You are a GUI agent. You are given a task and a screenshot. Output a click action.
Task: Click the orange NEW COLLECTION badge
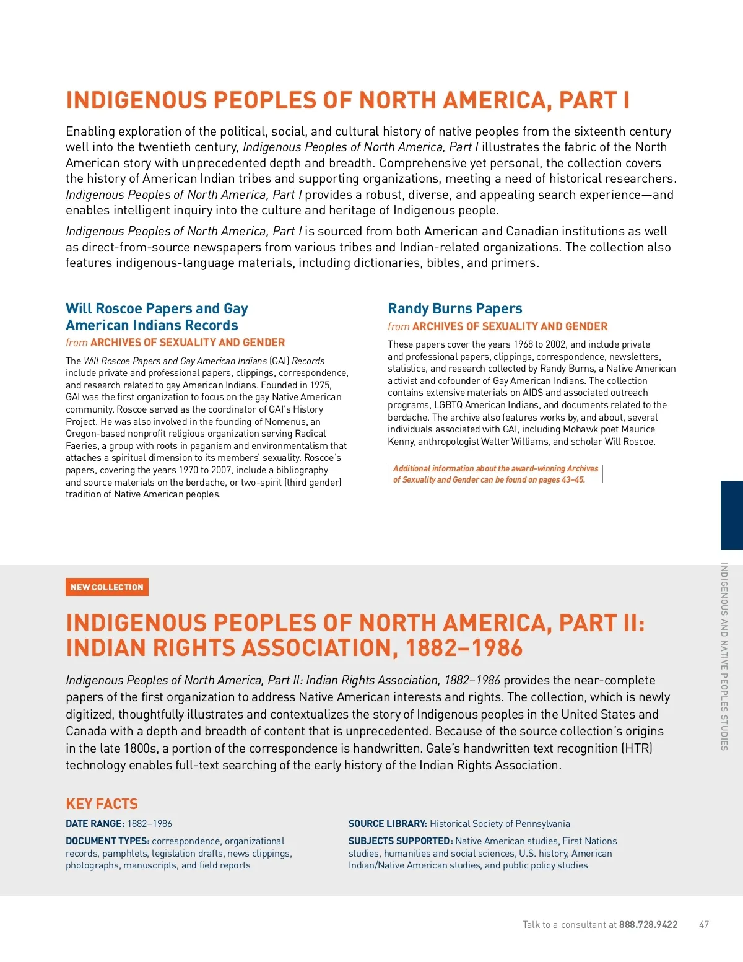107,587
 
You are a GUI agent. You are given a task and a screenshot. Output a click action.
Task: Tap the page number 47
704,925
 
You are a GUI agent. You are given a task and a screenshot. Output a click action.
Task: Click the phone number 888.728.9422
648,925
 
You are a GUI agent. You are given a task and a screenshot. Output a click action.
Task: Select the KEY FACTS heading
102,804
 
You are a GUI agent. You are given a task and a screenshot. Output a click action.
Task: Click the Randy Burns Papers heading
454,308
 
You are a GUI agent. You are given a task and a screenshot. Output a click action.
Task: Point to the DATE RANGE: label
95,824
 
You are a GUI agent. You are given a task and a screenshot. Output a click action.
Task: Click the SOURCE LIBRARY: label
388,824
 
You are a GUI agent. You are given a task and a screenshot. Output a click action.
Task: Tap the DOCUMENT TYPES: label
108,841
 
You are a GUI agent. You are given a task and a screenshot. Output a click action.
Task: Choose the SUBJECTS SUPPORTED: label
401,841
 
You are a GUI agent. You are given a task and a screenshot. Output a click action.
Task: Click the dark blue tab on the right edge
732,515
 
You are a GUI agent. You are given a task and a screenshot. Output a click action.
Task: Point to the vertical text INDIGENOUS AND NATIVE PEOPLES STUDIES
724,657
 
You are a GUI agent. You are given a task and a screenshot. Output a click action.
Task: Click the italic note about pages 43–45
495,474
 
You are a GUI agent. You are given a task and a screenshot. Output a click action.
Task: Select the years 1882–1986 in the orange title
464,649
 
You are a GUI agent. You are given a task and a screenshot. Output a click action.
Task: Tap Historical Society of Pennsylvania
500,824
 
